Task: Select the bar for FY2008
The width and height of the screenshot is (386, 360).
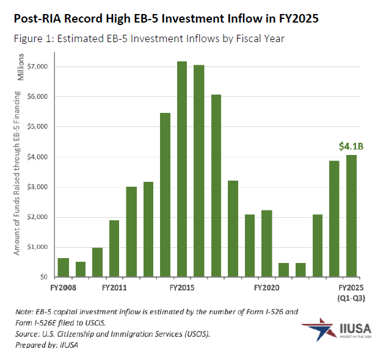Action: pyautogui.click(x=63, y=267)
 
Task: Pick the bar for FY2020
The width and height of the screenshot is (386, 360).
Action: pyautogui.click(x=266, y=243)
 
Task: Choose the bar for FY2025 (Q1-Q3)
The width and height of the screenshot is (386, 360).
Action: pyautogui.click(x=351, y=216)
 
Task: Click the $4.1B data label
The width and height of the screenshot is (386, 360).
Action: pyautogui.click(x=351, y=146)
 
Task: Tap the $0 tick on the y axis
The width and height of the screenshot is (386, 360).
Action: pyautogui.click(x=46, y=277)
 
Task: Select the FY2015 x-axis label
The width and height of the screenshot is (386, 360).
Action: pyautogui.click(x=181, y=287)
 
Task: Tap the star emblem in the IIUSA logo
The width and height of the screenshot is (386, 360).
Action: pyautogui.click(x=317, y=330)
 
